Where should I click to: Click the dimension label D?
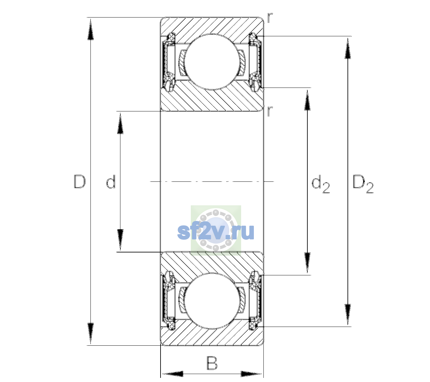coord(80,181)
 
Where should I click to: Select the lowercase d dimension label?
coord(111,181)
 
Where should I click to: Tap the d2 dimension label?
coord(320,184)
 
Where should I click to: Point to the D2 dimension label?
coord(363,184)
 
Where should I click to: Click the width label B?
coord(212,363)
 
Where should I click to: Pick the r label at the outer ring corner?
coord(270,18)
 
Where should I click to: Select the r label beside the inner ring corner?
coord(270,111)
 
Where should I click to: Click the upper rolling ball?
coord(212,61)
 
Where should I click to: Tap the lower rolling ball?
coord(212,301)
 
